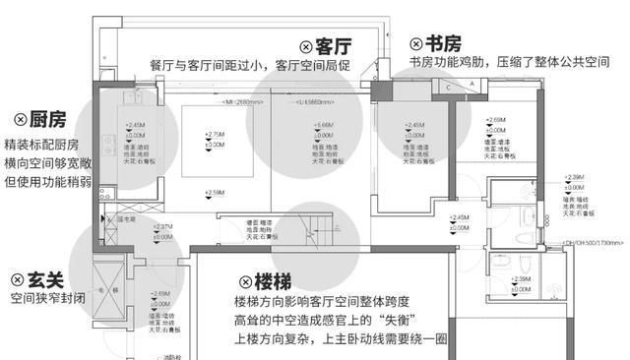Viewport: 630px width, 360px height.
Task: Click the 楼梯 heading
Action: pos(261,282)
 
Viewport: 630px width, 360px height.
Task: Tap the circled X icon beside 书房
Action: pos(417,44)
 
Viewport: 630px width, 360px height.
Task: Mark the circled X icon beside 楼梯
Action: pos(232,282)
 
